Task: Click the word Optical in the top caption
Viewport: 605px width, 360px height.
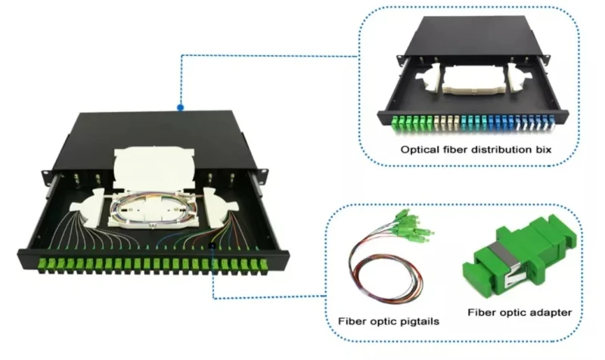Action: click(x=418, y=151)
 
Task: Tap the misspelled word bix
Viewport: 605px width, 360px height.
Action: click(x=543, y=151)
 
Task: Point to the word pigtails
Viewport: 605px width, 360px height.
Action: click(x=418, y=321)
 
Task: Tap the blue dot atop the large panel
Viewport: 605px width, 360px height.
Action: click(x=180, y=108)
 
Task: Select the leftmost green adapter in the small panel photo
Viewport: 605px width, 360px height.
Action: click(x=397, y=122)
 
